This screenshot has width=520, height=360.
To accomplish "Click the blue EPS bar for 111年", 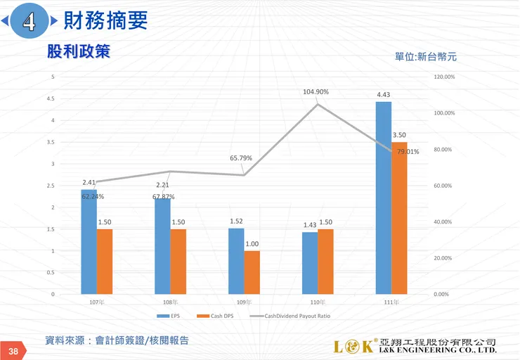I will coord(383,198).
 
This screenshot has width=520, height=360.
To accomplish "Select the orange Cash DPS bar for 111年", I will coord(399,218).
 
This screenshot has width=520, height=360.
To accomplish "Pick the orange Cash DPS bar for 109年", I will coord(252,272).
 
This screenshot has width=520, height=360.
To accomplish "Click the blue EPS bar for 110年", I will coord(309,262).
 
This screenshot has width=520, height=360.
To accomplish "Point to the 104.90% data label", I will coord(316,92).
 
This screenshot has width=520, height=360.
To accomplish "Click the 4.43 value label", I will coord(383,94).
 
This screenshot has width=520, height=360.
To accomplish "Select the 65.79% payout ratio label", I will coord(240,158).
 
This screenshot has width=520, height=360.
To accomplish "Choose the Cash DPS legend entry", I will coord(219,316).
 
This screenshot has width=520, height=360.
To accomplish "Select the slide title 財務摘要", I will coord(105,21).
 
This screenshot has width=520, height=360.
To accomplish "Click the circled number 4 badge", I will coord(30,22).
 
